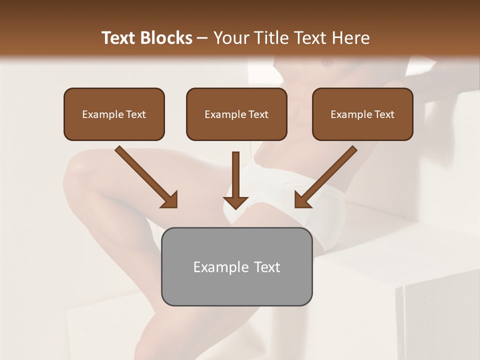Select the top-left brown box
tap(114, 114)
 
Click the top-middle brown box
tap(236, 114)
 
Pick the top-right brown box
tap(362, 114)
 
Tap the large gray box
tap(236, 266)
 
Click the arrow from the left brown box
tap(145, 176)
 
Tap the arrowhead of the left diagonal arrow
tap(170, 200)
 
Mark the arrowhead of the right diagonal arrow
tap(302, 200)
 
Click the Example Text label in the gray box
tap(236, 266)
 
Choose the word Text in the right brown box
tap(384, 114)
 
